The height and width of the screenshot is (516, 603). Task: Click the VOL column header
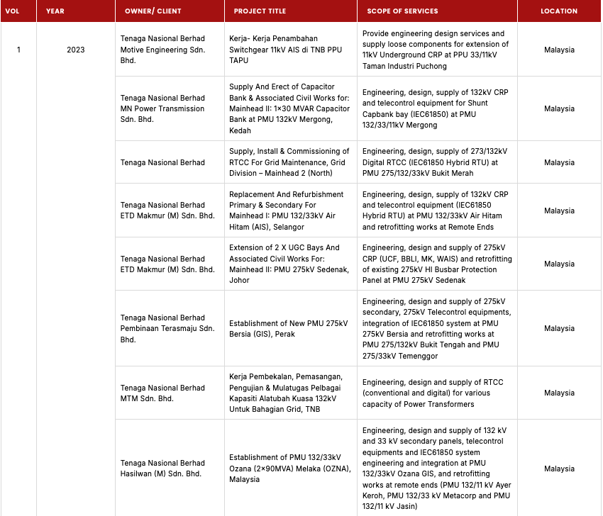pyautogui.click(x=12, y=11)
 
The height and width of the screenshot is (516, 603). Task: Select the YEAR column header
pyautogui.click(x=55, y=11)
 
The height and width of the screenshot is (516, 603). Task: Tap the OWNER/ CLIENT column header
pyautogui.click(x=153, y=11)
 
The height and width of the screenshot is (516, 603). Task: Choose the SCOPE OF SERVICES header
pyautogui.click(x=402, y=11)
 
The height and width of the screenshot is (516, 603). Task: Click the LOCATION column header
pyautogui.click(x=559, y=11)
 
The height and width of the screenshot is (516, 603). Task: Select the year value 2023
pyautogui.click(x=75, y=50)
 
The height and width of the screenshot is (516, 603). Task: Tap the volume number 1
pyautogui.click(x=18, y=50)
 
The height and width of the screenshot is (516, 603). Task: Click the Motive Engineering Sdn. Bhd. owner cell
pyautogui.click(x=162, y=50)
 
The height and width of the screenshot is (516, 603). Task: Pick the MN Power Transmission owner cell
pyautogui.click(x=162, y=108)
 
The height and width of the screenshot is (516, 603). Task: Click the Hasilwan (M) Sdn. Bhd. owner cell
pyautogui.click(x=162, y=468)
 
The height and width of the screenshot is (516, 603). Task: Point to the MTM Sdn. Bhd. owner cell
pyautogui.click(x=162, y=393)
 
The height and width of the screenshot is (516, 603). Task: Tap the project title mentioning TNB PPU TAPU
pyautogui.click(x=283, y=50)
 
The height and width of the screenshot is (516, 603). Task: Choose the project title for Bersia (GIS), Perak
pyautogui.click(x=288, y=328)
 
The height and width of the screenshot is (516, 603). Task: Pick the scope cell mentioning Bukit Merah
pyautogui.click(x=435, y=162)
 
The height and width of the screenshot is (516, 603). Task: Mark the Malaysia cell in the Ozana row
pyautogui.click(x=559, y=469)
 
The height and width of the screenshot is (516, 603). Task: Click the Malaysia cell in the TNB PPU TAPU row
pyautogui.click(x=559, y=50)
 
